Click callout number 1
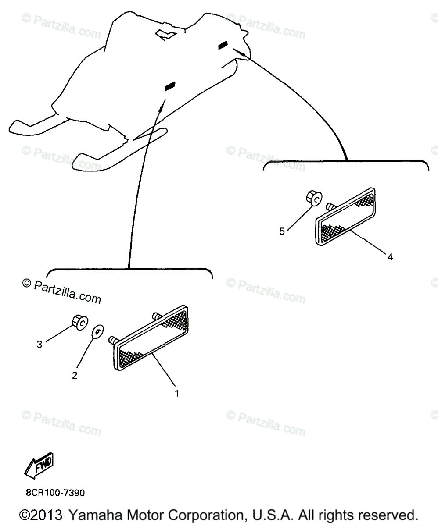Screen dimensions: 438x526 tap(177, 393)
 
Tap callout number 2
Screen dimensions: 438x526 tap(75, 375)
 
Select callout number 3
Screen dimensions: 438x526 tap(39, 345)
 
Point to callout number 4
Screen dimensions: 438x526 tap(390, 257)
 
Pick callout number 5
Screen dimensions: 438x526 tap(282, 231)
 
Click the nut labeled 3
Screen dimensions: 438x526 tap(79, 322)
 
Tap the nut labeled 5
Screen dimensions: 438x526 tap(313, 198)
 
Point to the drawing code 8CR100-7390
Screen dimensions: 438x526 tap(55, 493)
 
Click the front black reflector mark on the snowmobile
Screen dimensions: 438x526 tap(169, 87)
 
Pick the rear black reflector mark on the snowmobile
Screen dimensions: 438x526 tap(223, 45)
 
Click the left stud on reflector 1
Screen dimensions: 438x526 tap(113, 339)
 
